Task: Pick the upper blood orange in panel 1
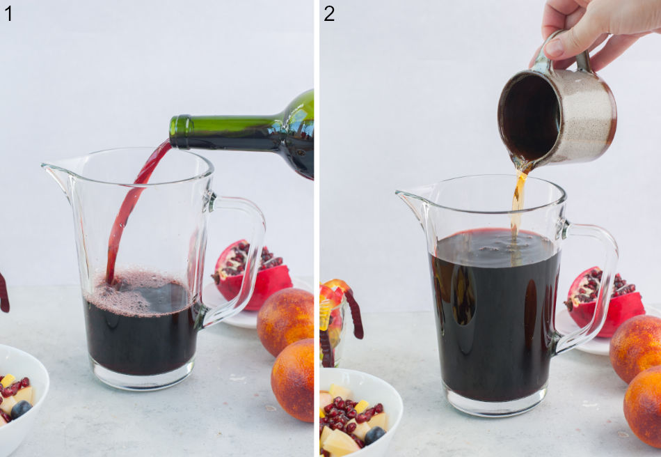(285, 322)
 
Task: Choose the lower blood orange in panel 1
(292, 380)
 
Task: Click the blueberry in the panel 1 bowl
(21, 410)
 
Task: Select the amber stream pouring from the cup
(517, 202)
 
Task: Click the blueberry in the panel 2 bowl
(375, 435)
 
